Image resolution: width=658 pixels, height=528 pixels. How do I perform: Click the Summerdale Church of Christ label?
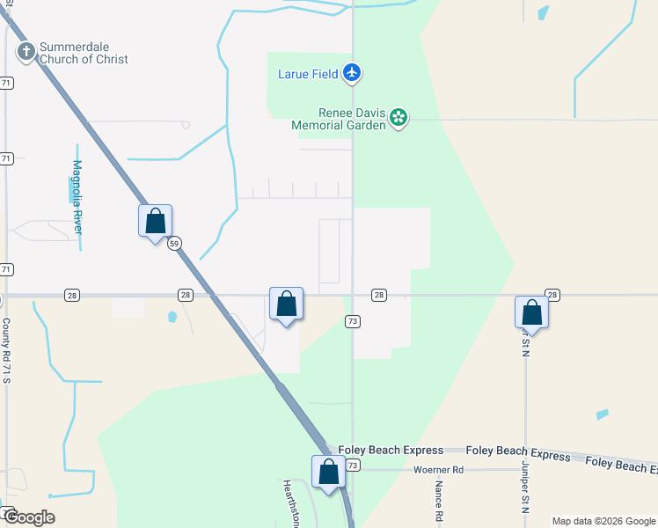[x=84, y=53]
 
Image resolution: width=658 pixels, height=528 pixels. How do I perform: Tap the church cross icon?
[x=26, y=53]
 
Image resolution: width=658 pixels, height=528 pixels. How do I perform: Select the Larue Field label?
[x=307, y=74]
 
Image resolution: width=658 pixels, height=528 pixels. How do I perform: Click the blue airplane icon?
[x=352, y=72]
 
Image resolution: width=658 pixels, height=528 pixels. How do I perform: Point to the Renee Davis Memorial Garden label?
[x=339, y=119]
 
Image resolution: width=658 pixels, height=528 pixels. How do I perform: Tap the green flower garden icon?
[x=398, y=117]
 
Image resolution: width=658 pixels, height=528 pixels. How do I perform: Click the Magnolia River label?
[x=77, y=196]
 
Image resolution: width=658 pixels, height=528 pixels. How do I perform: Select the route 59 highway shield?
[x=175, y=243]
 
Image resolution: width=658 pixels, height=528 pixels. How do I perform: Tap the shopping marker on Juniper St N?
[x=531, y=312]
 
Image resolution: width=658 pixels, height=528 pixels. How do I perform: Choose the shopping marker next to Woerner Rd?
[x=328, y=472]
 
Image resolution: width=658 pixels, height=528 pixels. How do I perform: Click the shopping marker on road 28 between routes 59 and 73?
[x=286, y=304]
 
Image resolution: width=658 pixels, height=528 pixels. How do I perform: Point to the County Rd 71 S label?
[x=6, y=350]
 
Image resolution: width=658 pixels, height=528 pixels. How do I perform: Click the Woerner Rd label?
[x=438, y=470]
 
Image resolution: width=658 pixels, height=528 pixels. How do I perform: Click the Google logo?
[x=28, y=517]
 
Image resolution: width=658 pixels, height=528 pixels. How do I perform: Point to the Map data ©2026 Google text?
[x=603, y=521]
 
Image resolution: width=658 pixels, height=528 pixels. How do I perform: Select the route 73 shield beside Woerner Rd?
[x=353, y=464]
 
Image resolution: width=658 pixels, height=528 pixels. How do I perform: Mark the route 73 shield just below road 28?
[x=353, y=321]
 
